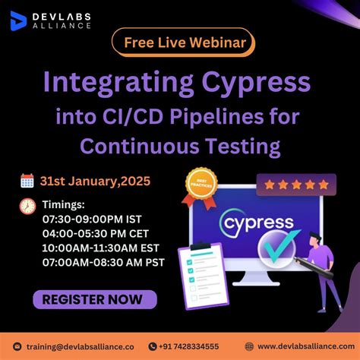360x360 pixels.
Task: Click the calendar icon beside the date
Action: (27, 181)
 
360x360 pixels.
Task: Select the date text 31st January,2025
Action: (96, 181)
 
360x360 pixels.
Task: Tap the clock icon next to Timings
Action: (27, 206)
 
